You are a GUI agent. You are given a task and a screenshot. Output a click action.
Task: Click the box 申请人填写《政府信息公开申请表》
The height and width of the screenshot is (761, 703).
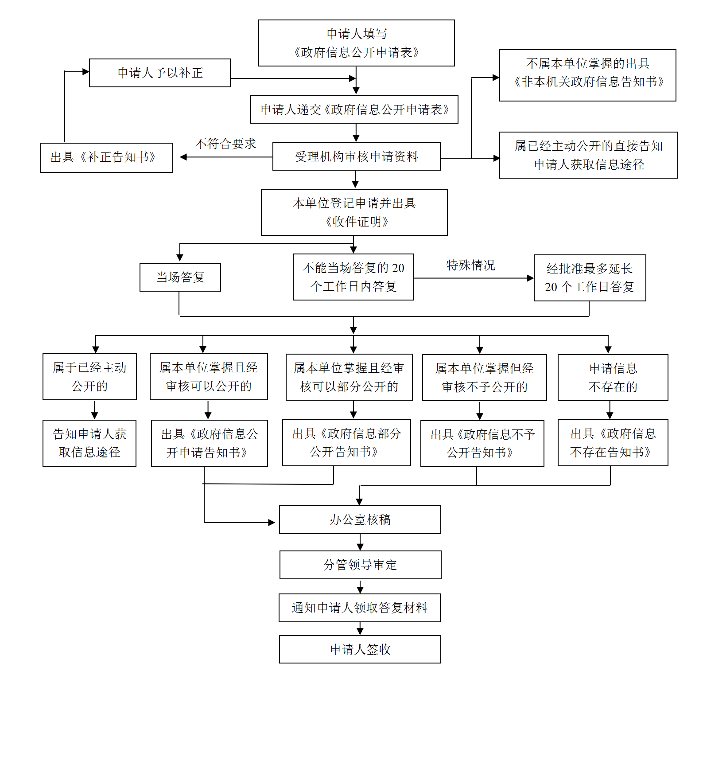(356, 43)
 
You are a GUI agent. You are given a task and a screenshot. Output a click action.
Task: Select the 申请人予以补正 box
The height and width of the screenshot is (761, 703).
(160, 73)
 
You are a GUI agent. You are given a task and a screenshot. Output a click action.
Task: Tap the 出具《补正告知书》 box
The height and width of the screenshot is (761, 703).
(106, 157)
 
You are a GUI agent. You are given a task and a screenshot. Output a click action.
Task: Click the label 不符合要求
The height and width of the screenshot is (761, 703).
(225, 144)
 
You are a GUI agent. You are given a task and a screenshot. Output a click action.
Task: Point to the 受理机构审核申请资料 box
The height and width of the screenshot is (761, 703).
(356, 156)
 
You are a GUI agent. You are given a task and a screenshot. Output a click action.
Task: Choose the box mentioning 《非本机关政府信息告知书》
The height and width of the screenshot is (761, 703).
(587, 75)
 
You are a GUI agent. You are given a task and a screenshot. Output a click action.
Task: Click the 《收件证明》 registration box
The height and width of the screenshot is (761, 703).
(354, 212)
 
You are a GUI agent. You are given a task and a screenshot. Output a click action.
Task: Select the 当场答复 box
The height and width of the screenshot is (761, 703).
(180, 277)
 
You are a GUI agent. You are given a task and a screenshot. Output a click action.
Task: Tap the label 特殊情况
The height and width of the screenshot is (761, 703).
(470, 265)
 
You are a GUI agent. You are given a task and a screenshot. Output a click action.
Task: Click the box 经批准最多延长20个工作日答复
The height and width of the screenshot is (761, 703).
(590, 278)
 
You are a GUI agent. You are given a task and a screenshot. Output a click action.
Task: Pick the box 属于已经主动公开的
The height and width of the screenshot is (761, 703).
(89, 377)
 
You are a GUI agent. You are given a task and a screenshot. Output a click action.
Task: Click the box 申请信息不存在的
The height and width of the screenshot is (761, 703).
(613, 378)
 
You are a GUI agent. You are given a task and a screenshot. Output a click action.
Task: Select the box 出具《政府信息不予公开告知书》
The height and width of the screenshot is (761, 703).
(482, 443)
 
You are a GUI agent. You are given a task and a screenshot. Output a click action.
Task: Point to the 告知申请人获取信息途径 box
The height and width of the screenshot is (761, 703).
(89, 443)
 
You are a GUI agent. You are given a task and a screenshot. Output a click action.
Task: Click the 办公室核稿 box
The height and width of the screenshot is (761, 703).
(360, 519)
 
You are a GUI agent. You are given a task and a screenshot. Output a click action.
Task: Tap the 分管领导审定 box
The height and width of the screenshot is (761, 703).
(360, 565)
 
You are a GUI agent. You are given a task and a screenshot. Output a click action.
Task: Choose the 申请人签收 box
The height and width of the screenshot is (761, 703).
(360, 649)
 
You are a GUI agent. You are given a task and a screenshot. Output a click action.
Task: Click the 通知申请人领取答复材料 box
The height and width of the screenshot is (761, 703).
(359, 608)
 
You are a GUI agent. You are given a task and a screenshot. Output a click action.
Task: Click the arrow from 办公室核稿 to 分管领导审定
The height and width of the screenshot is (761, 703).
(360, 542)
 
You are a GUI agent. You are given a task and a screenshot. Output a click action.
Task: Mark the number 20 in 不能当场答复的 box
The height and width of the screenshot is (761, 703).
(398, 268)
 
